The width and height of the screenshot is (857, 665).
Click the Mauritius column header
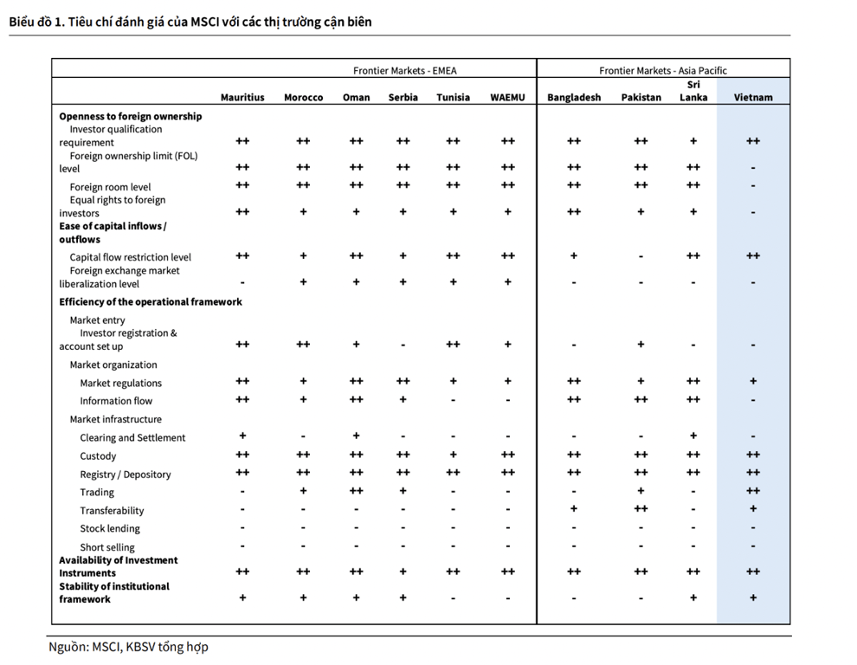[x=242, y=97]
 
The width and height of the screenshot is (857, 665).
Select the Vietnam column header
[x=753, y=97]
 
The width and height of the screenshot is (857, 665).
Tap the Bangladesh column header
[x=574, y=97]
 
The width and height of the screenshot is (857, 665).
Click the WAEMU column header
[x=507, y=97]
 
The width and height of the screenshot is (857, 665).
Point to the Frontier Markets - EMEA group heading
[x=404, y=70]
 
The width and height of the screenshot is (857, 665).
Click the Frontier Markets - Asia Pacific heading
[x=663, y=70]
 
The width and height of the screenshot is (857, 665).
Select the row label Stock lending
[x=110, y=529]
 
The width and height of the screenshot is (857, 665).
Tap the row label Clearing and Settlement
[x=132, y=437]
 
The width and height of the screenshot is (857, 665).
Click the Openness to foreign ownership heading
[x=131, y=117]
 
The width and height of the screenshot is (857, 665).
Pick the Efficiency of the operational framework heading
[x=151, y=302]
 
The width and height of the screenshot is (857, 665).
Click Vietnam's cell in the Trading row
[x=753, y=491]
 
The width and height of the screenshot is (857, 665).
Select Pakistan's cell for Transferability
[x=641, y=509]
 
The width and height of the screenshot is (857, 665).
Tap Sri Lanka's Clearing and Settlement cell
[x=693, y=436]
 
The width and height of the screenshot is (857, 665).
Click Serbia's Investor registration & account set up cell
[x=403, y=345]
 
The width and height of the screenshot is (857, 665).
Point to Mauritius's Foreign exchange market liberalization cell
[x=242, y=283]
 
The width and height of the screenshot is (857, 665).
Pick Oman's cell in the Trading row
[x=356, y=491]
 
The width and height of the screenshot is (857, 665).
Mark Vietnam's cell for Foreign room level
[x=753, y=186]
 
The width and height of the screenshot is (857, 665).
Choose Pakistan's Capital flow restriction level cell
[x=641, y=256]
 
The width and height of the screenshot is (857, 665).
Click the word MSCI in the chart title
[x=205, y=22]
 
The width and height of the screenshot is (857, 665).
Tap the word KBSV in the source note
[x=140, y=647]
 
